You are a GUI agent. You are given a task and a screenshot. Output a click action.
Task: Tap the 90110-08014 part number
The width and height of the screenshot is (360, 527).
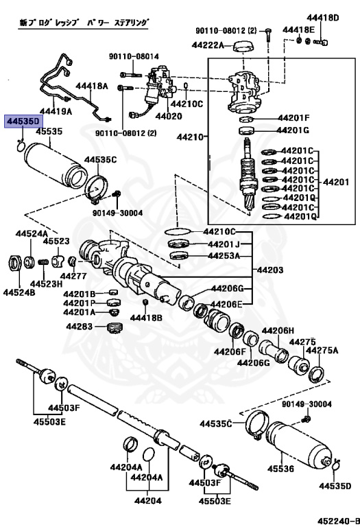[133, 56]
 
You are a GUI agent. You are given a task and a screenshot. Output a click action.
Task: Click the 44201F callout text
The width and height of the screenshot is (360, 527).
[293, 118]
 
